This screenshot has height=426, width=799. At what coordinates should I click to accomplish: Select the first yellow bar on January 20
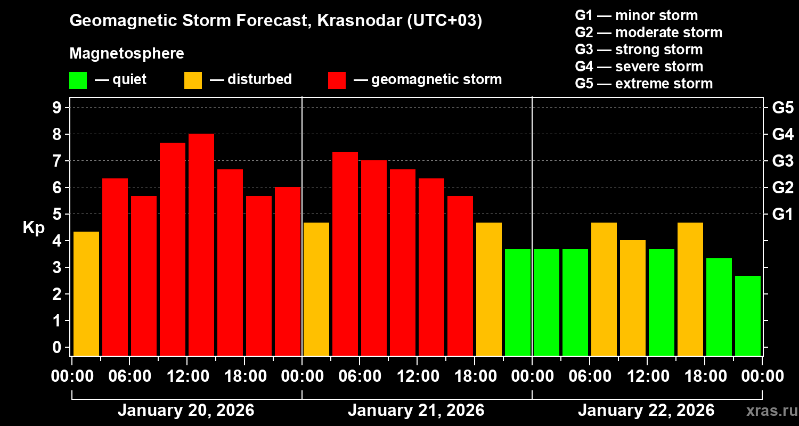(x=86, y=293)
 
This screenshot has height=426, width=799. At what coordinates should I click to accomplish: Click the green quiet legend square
(x=78, y=80)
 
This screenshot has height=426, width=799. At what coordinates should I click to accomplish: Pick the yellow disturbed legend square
(x=193, y=80)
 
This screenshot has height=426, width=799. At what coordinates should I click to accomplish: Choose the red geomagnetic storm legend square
(x=337, y=80)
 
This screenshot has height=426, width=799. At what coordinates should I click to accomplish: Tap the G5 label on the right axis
(x=782, y=108)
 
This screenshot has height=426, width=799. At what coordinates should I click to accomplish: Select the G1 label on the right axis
(x=782, y=214)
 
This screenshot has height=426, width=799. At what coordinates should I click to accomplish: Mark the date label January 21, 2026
(x=416, y=411)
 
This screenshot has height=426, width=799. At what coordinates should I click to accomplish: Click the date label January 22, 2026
(x=646, y=411)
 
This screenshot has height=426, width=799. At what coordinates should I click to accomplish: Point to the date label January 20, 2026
(x=186, y=411)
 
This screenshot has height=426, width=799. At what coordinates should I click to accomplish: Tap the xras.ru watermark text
(x=769, y=411)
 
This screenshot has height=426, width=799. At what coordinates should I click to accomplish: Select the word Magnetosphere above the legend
(x=127, y=54)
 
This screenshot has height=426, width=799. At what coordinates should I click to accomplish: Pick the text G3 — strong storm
(x=639, y=50)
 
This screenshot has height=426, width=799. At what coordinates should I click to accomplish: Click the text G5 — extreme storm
(x=643, y=84)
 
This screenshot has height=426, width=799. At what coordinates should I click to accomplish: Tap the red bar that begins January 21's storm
(x=345, y=253)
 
